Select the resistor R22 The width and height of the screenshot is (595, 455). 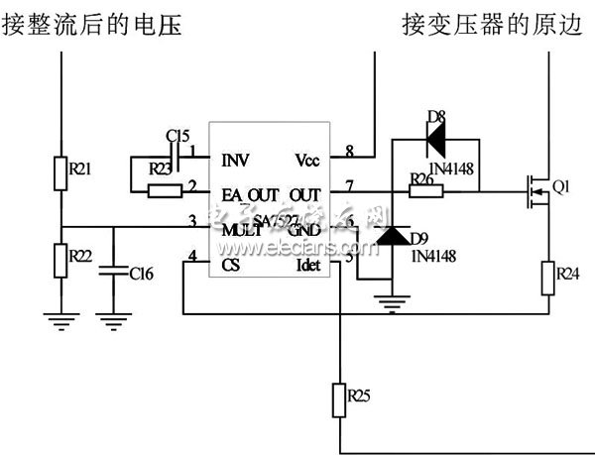tap(61, 261)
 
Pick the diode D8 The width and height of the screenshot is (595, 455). tap(433, 140)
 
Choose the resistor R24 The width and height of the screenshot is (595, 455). tap(549, 278)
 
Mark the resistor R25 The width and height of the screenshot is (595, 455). tap(340, 397)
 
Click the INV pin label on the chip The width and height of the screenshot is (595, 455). tap(235, 160)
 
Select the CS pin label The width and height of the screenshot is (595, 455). tap(230, 265)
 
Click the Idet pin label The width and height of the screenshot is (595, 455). tap(309, 265)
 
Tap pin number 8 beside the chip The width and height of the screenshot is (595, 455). tap(349, 151)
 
